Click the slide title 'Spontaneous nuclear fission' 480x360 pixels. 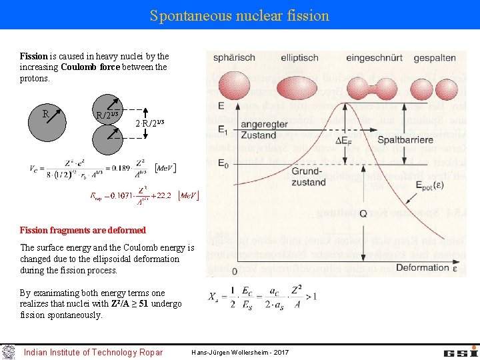tap(239, 15)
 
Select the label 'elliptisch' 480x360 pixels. tap(299, 58)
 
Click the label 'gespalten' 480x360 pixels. tap(434, 58)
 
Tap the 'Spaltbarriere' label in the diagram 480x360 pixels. tap(406, 140)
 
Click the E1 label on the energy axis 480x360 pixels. tap(223, 130)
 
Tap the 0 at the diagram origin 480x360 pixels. tap(234, 271)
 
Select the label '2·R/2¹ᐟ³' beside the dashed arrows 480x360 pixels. tap(149, 123)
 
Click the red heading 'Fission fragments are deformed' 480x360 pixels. tap(83, 230)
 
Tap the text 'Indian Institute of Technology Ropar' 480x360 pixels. tap(93, 352)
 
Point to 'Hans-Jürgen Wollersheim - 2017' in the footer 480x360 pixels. tap(239, 352)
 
